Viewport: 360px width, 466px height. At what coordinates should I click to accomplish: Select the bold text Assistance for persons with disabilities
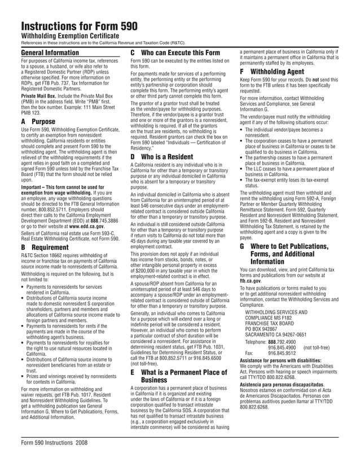[x=286, y=360]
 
